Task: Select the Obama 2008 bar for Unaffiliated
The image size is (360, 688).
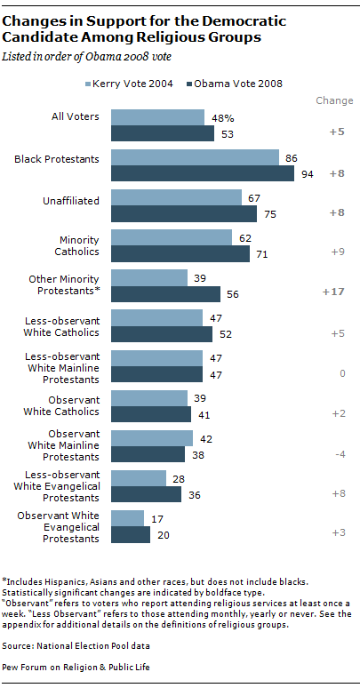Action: tap(184, 213)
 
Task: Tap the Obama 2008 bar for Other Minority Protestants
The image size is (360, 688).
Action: tap(165, 294)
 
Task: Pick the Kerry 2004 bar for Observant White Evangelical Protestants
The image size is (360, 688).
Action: tap(127, 518)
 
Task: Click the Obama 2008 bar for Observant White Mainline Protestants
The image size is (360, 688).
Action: tap(148, 454)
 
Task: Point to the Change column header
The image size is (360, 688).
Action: tap(335, 101)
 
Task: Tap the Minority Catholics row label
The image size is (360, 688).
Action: tap(78, 244)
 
